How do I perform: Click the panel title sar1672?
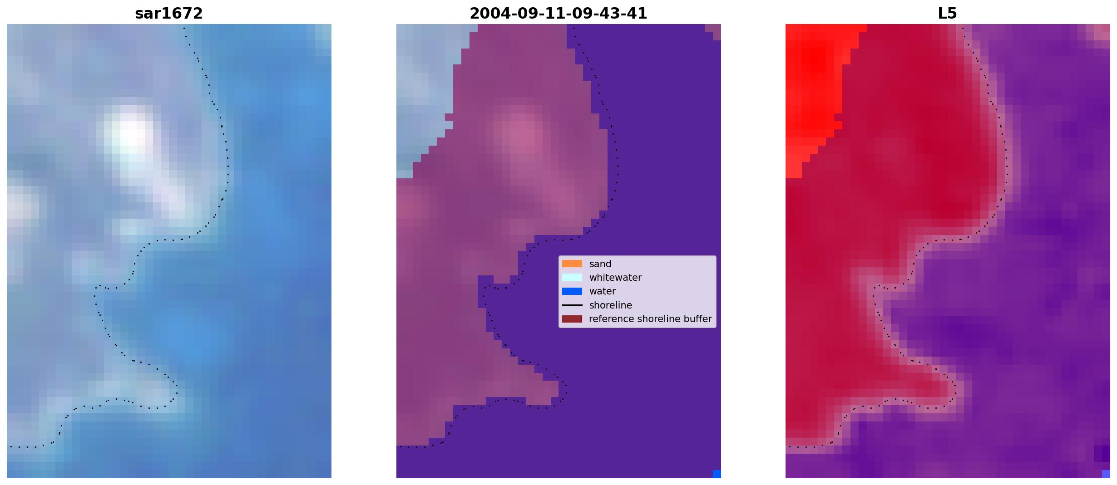(169, 14)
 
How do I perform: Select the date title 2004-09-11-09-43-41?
(558, 14)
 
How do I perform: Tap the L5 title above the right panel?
(947, 14)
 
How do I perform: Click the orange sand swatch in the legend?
(572, 264)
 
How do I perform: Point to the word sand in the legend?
(600, 264)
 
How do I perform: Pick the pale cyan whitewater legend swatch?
(572, 277)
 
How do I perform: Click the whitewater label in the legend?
(615, 278)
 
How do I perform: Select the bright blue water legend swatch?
(572, 291)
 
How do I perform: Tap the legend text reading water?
(603, 291)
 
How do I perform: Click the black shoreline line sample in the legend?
(572, 305)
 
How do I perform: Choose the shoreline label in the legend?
(611, 305)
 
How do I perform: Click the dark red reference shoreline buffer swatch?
(572, 319)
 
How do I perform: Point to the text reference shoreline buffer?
(650, 319)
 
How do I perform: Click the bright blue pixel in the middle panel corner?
(717, 474)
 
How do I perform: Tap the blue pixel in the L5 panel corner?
(1106, 474)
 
